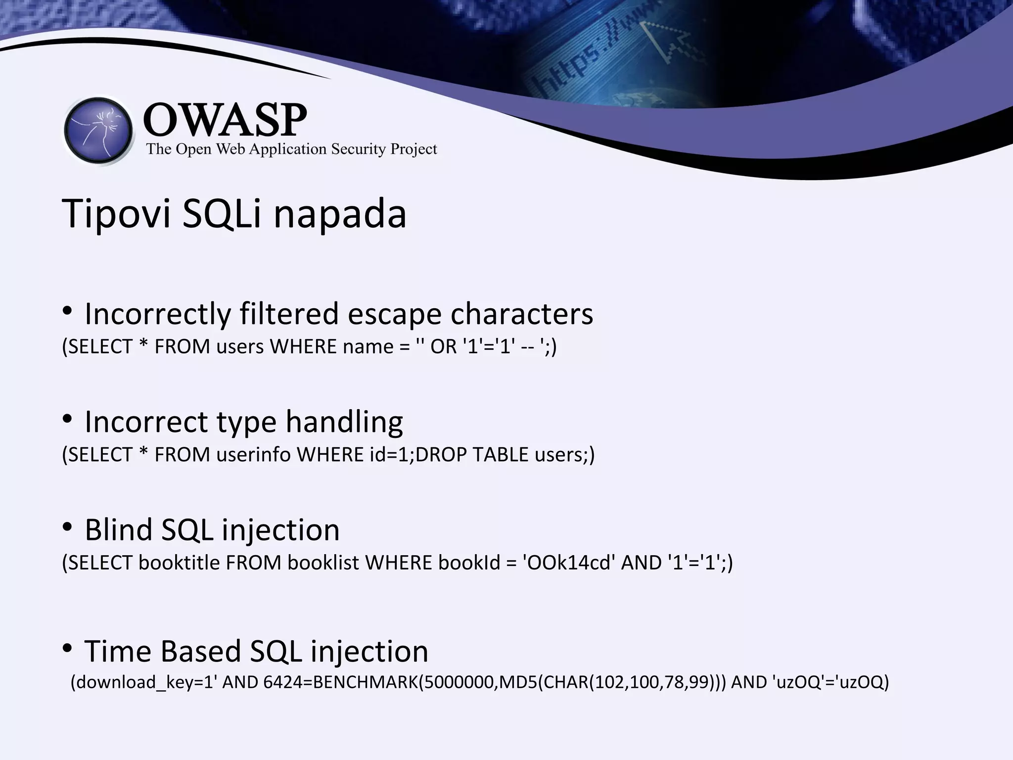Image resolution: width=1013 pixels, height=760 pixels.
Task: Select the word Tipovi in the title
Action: point(117,214)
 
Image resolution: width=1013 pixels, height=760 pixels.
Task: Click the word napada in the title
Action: point(340,214)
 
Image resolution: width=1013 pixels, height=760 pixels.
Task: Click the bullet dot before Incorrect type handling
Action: point(68,420)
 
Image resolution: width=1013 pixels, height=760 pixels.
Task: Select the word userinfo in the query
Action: point(253,454)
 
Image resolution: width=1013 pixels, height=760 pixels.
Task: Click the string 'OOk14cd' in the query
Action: point(569,563)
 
